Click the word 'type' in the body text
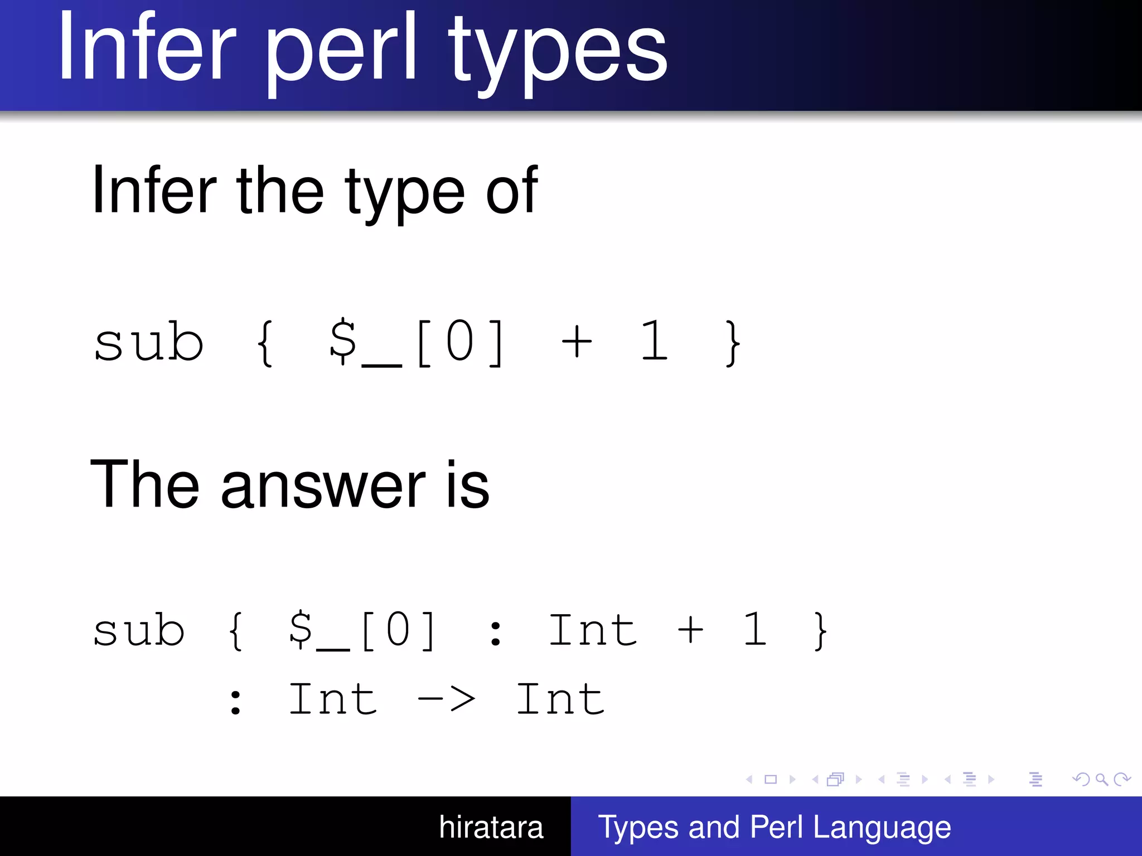tap(404, 192)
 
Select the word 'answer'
tap(323, 485)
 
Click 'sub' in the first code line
tap(148, 342)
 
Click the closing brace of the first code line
tap(733, 342)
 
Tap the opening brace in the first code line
tap(265, 342)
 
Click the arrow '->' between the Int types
tap(446, 699)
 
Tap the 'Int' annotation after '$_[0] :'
tap(592, 630)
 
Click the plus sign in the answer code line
tap(690, 630)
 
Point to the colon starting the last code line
tap(236, 702)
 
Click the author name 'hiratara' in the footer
tap(491, 827)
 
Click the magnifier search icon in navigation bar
tap(1101, 779)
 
